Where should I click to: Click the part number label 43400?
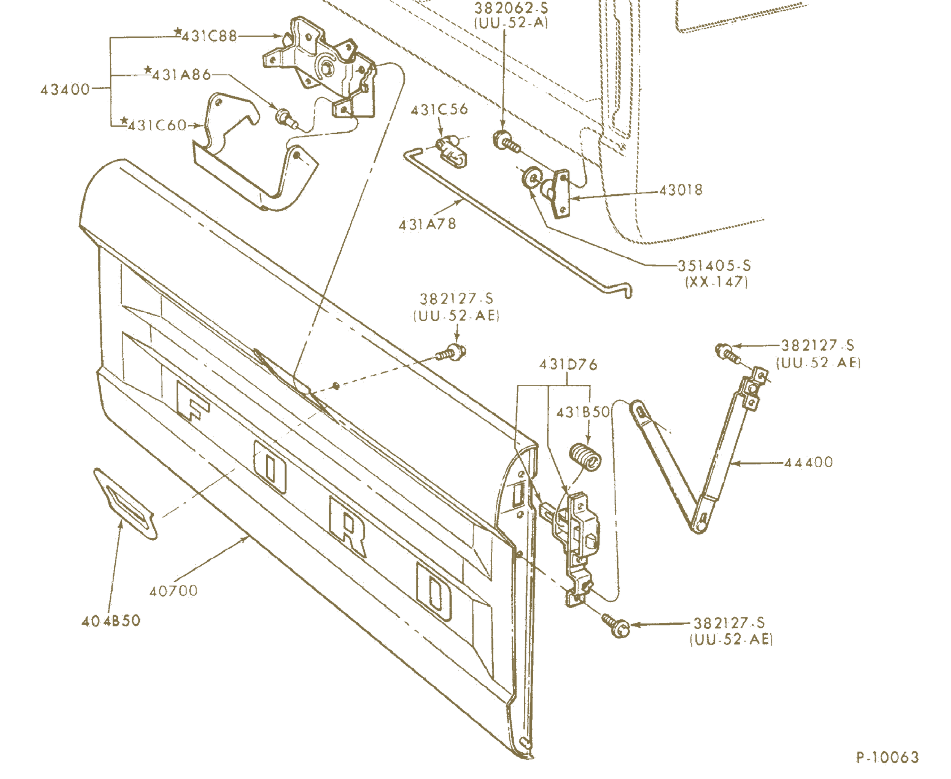[65, 89]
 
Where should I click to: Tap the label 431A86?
[181, 75]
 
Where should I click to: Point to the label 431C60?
[157, 125]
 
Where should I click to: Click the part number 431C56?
[439, 109]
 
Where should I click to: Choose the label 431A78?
[427, 224]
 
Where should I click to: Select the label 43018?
[681, 190]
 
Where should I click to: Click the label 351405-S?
[714, 266]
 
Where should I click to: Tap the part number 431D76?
[568, 364]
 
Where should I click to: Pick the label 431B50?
[583, 412]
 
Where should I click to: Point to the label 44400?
[808, 462]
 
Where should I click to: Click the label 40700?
[173, 590]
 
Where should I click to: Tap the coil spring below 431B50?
[586, 457]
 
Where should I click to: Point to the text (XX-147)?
[716, 282]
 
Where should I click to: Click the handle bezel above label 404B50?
[125, 502]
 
